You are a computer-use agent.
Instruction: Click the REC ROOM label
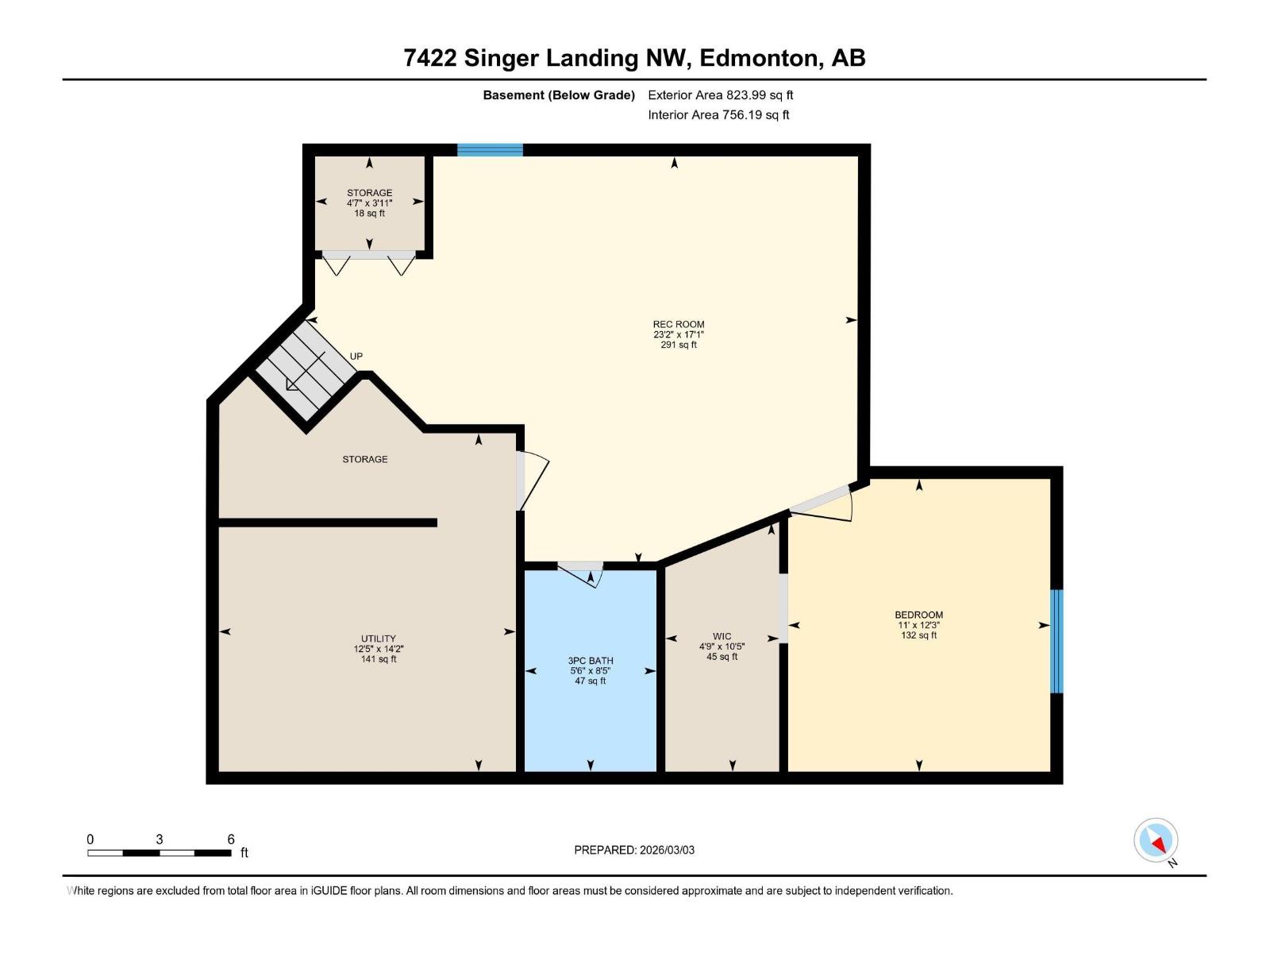point(679,324)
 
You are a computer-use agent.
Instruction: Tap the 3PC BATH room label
point(591,661)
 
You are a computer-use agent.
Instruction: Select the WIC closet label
point(722,636)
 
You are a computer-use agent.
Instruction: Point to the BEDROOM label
point(918,615)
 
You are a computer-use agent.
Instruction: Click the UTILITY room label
point(379,639)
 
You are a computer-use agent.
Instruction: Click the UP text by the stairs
point(356,356)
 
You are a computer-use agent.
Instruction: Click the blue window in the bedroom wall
point(1056,641)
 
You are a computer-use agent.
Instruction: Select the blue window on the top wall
point(490,150)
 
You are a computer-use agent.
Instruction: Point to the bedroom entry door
point(822,504)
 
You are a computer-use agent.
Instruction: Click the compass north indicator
point(1156,840)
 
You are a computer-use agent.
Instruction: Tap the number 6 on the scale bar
point(231,839)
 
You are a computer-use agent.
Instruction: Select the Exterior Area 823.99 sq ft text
point(720,95)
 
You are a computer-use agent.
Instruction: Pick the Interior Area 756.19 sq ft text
point(718,114)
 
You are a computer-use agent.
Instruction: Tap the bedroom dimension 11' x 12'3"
point(918,625)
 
